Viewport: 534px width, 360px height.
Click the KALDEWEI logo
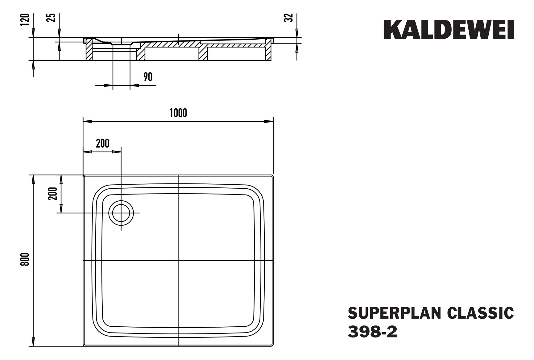pyautogui.click(x=449, y=30)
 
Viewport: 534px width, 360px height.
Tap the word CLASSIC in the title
pyautogui.click(x=480, y=313)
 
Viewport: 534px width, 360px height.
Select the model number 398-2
pyautogui.click(x=372, y=332)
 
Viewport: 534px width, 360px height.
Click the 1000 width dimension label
pyautogui.click(x=178, y=113)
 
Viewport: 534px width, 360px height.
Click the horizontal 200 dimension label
pyautogui.click(x=102, y=143)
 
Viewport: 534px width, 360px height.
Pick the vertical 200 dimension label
pyautogui.click(x=53, y=194)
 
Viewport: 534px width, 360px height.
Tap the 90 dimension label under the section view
pyautogui.click(x=148, y=77)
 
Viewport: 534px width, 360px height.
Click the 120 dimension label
pyautogui.click(x=25, y=20)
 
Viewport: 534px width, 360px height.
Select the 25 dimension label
pyautogui.click(x=52, y=18)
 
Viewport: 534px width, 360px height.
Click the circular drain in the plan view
pyautogui.click(x=121, y=213)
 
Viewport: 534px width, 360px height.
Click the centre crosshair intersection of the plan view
pyautogui.click(x=178, y=261)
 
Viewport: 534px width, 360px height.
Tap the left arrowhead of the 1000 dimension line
pyautogui.click(x=87, y=121)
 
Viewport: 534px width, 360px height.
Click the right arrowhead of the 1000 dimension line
pyautogui.click(x=269, y=121)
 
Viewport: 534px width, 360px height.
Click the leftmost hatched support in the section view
pyautogui.click(x=89, y=51)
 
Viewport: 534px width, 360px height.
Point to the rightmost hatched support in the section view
pyautogui.click(x=268, y=51)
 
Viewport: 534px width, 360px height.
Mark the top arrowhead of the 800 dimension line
pyautogui.click(x=33, y=179)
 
